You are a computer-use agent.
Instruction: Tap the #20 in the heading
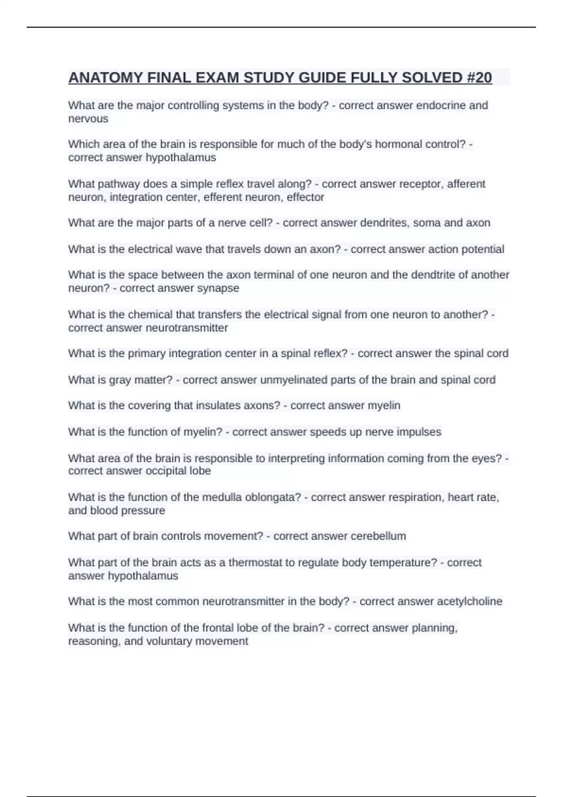(x=479, y=77)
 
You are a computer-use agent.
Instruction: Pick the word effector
(x=305, y=197)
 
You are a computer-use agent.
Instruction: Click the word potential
(x=483, y=249)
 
